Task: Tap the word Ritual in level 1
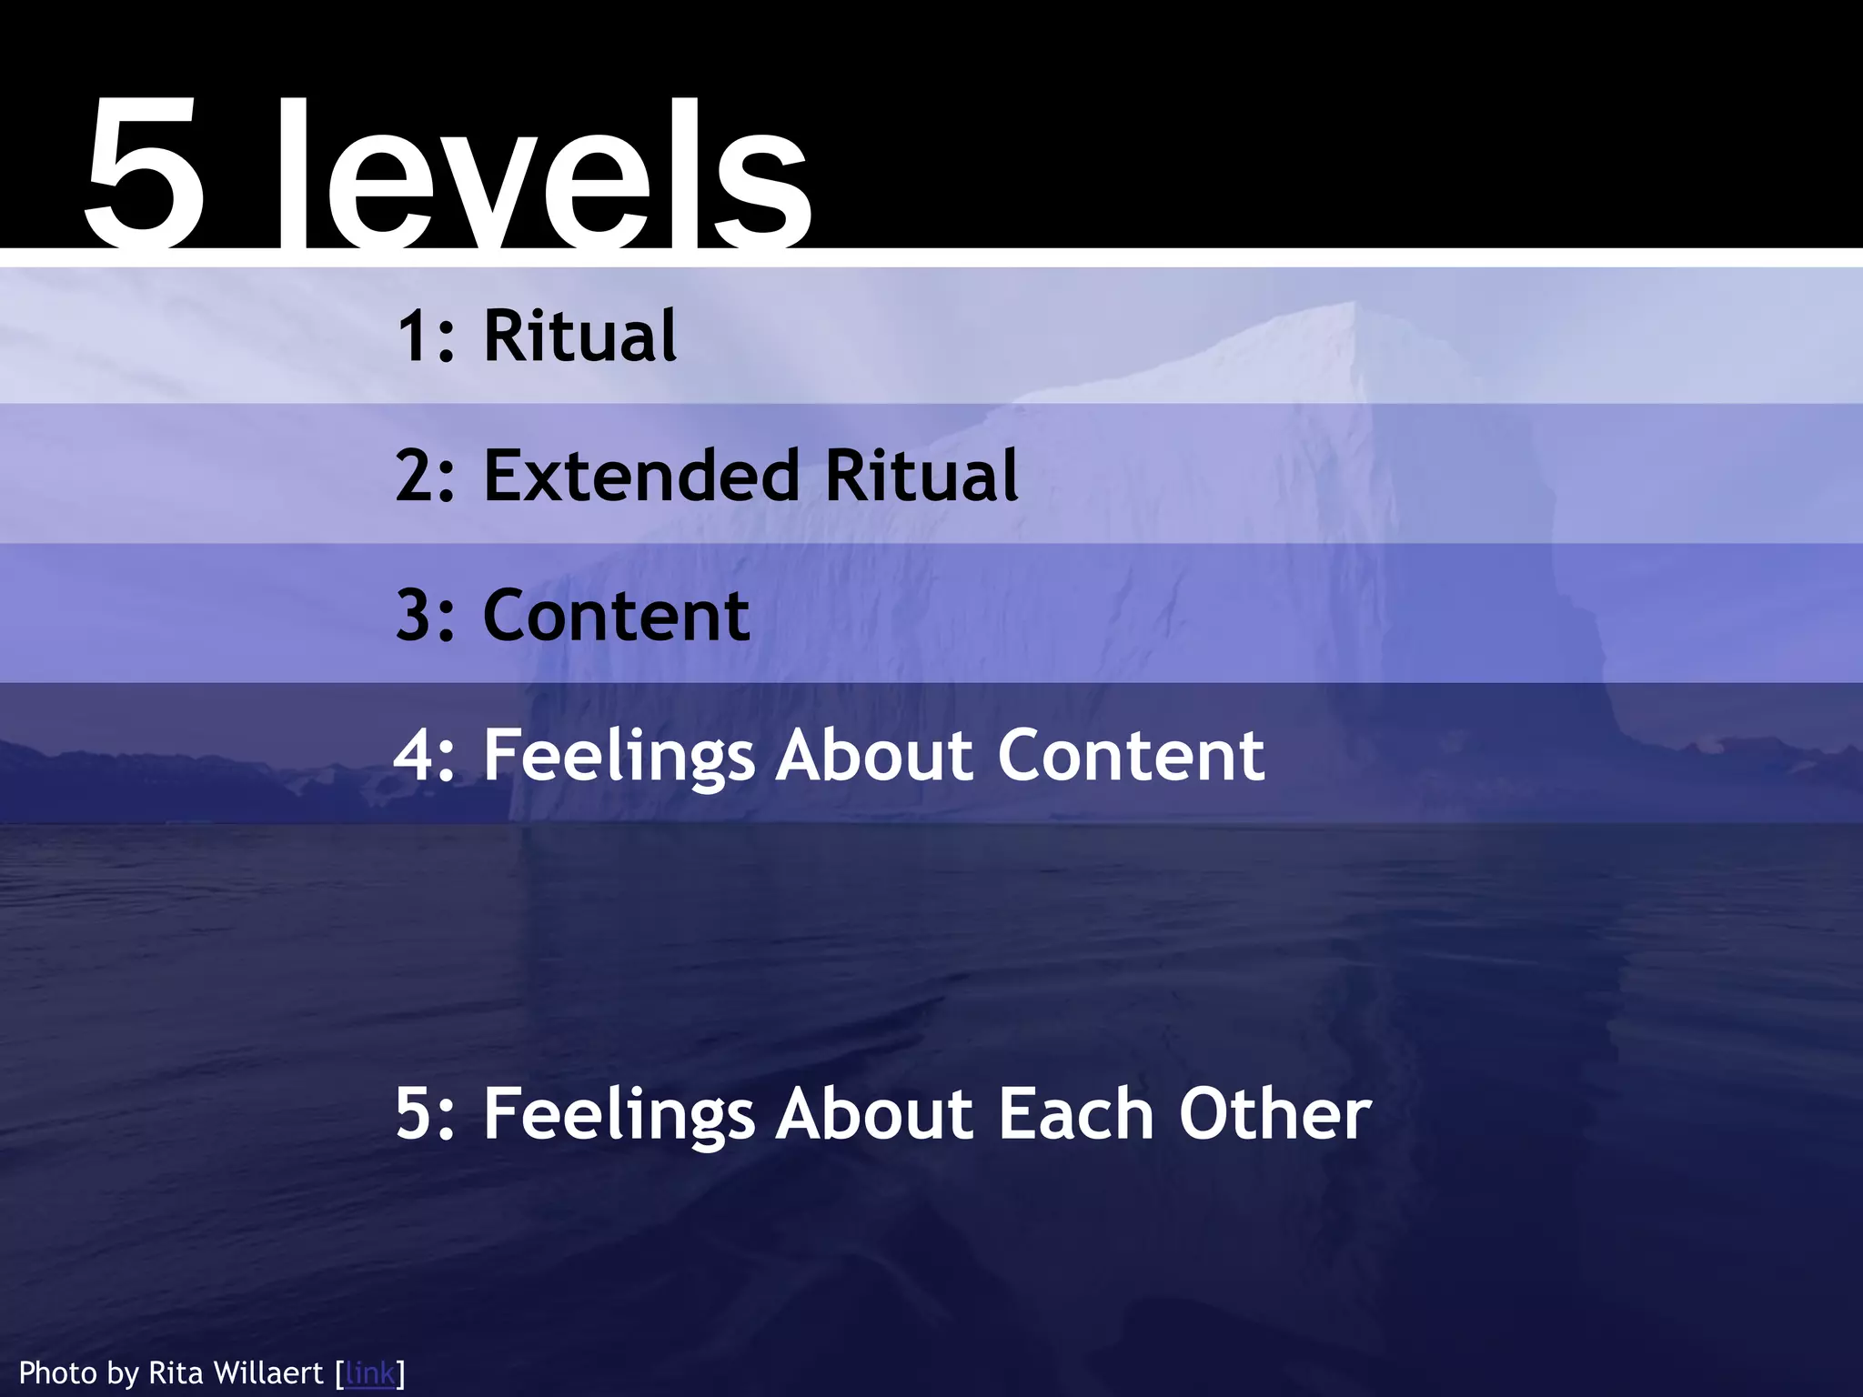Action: [x=579, y=336]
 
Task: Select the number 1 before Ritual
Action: [x=415, y=337]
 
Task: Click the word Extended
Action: [x=641, y=476]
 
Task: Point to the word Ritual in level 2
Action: [x=921, y=476]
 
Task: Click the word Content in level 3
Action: [x=616, y=616]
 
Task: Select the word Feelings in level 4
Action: [x=619, y=756]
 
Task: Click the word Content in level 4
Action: [x=1131, y=756]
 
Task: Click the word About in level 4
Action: [x=876, y=756]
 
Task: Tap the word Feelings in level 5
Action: [x=619, y=1114]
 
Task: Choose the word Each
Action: [x=1076, y=1114]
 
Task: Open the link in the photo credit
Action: [x=370, y=1372]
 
